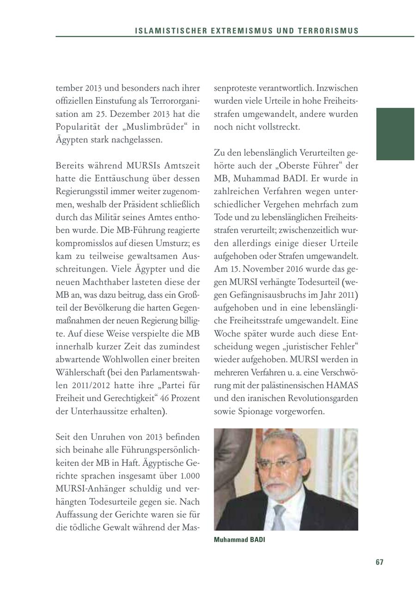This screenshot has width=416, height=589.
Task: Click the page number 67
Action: (379, 562)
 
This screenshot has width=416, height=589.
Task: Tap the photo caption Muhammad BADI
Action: (239, 540)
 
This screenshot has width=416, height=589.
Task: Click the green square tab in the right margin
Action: (395, 134)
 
